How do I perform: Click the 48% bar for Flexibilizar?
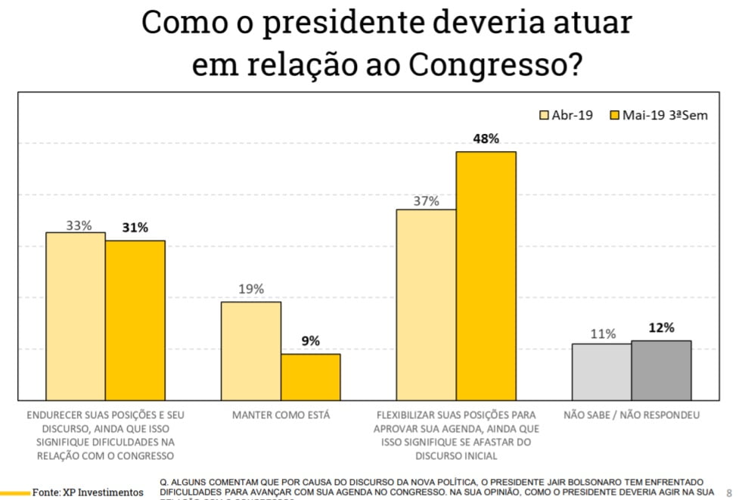pyautogui.click(x=486, y=276)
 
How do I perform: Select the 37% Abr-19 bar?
pyautogui.click(x=426, y=305)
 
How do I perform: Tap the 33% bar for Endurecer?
pyautogui.click(x=76, y=316)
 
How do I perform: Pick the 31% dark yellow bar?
pyautogui.click(x=135, y=321)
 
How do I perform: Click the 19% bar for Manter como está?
pyautogui.click(x=250, y=351)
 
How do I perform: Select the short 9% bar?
pyautogui.click(x=310, y=377)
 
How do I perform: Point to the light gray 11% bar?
pyautogui.click(x=601, y=372)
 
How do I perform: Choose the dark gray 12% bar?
pyautogui.click(x=661, y=371)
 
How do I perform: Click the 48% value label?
pyautogui.click(x=486, y=138)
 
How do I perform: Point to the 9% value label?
pyautogui.click(x=310, y=341)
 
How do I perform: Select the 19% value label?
pyautogui.click(x=250, y=289)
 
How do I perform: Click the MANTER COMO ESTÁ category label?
pyautogui.click(x=281, y=415)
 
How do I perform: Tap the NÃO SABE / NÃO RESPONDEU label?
pyautogui.click(x=631, y=415)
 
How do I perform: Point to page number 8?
pyautogui.click(x=729, y=492)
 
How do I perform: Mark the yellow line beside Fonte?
pyautogui.click(x=14, y=492)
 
